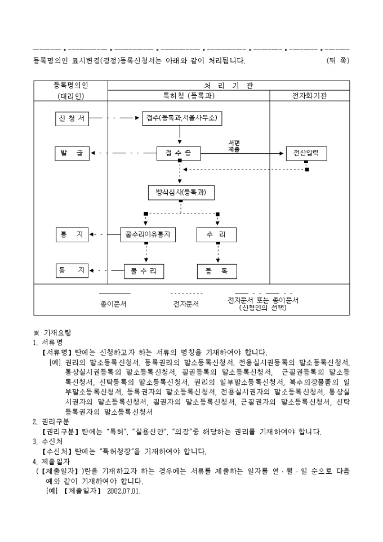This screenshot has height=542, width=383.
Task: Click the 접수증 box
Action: pos(179,153)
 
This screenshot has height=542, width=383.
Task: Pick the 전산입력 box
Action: pos(306,153)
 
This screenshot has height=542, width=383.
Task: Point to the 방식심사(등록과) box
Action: pos(181,193)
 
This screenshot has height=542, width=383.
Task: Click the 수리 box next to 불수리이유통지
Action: pos(217,234)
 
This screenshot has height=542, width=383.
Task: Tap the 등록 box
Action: pos(217,271)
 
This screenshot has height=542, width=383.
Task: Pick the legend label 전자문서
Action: pos(186,304)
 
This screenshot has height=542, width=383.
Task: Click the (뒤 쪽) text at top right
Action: pos(337,60)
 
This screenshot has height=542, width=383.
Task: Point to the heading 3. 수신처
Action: pos(45,442)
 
